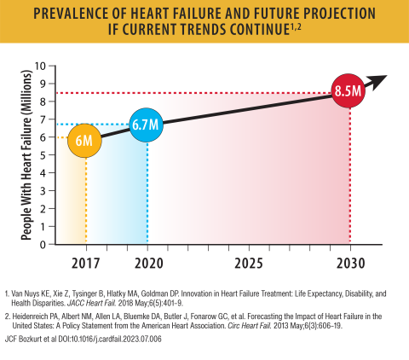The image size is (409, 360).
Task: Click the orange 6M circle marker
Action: (84, 139)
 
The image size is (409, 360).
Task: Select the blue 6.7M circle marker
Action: (147, 125)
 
